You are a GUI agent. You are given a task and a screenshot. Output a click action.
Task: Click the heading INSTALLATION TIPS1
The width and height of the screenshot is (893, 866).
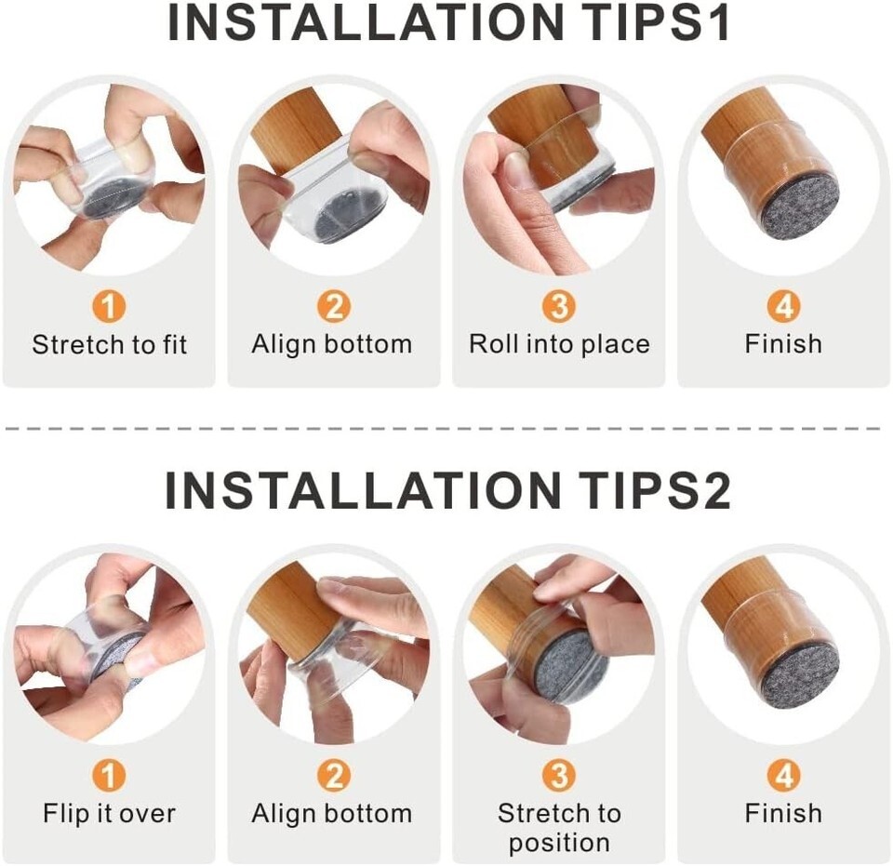[x=448, y=22]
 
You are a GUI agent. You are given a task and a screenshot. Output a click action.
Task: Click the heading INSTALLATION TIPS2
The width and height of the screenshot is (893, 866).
[x=448, y=491]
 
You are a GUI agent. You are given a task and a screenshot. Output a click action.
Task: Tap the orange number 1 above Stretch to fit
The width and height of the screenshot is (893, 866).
[x=108, y=306]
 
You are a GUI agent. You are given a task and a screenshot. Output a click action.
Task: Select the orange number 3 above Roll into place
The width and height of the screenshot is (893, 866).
[x=559, y=306]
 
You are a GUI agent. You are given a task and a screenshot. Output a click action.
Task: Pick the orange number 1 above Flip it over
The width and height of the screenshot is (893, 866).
[x=108, y=776]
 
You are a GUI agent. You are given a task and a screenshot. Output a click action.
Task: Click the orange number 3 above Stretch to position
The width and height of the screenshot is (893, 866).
[x=559, y=776]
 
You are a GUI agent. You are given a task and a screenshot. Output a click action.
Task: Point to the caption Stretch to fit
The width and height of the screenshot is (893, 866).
[x=110, y=344]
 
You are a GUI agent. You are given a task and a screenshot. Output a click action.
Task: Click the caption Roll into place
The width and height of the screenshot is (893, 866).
[x=559, y=344]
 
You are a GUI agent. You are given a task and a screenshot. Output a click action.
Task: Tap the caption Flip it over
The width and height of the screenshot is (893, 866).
[x=110, y=813]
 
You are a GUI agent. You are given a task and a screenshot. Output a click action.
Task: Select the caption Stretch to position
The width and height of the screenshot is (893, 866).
[x=559, y=828]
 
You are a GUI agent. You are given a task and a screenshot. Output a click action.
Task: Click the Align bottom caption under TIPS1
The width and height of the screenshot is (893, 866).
[x=332, y=345]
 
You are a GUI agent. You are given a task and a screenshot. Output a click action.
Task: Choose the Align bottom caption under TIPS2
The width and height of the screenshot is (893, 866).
[x=332, y=814]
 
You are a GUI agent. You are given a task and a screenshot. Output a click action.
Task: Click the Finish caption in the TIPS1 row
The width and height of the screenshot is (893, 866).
[x=783, y=344]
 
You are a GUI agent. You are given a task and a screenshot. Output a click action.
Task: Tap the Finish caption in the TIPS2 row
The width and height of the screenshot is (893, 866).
[x=783, y=813]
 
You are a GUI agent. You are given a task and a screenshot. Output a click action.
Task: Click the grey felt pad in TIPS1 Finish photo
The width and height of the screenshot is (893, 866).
[x=800, y=210]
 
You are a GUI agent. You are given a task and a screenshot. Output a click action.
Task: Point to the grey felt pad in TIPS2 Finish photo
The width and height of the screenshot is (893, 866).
[x=800, y=678]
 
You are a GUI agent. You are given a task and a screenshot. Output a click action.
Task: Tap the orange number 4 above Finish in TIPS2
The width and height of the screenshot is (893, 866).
[x=783, y=776]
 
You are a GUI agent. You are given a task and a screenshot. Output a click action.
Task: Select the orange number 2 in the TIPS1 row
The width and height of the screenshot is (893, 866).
[x=334, y=306]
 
